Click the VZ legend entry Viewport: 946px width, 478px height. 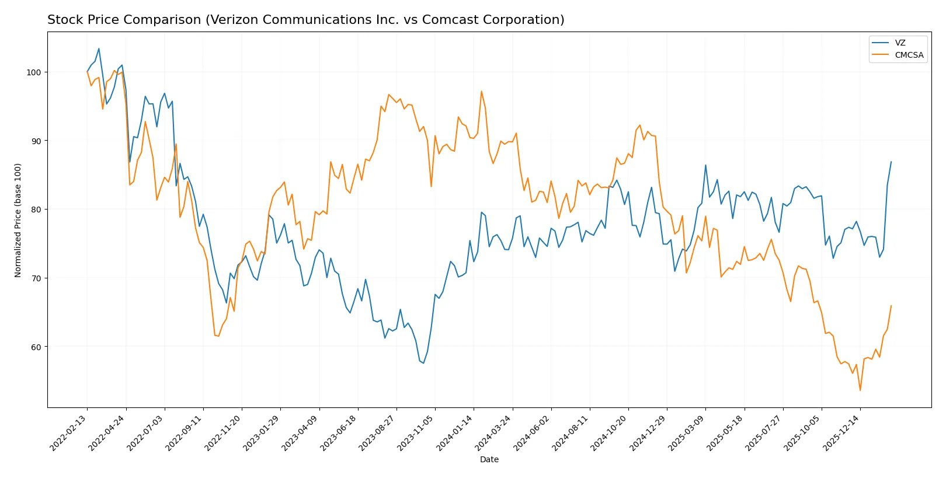[x=900, y=43]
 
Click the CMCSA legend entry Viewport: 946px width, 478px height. [x=909, y=55]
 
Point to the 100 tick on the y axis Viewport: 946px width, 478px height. [x=33, y=72]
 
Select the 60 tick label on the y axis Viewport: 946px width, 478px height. [x=36, y=347]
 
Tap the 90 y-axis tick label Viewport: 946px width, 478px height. [x=36, y=141]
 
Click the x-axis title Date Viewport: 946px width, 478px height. [x=489, y=459]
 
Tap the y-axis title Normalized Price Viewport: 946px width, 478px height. [x=18, y=220]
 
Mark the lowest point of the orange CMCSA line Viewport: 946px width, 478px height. [x=860, y=390]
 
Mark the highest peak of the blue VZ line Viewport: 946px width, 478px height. [x=99, y=48]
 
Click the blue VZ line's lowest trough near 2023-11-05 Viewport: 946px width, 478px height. [x=423, y=363]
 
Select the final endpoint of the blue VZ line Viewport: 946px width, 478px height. [x=891, y=162]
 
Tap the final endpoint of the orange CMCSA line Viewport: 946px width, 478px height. [x=891, y=306]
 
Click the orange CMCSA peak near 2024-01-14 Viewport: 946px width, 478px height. [x=481, y=91]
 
